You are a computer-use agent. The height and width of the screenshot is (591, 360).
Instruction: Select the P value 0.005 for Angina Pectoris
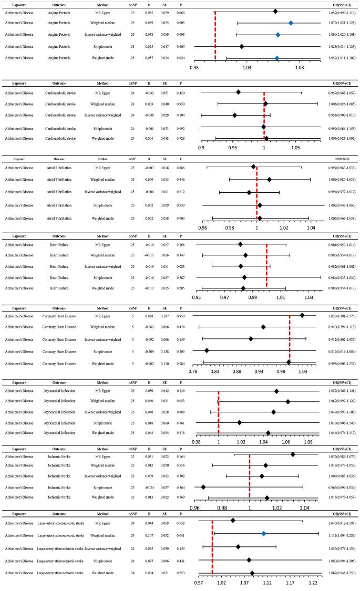(180, 23)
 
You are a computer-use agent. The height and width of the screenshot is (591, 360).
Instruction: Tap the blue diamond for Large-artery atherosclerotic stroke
(264, 534)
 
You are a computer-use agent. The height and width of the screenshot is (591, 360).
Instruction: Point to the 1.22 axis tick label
(313, 583)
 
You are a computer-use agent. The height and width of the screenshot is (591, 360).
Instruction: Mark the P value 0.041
(180, 534)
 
